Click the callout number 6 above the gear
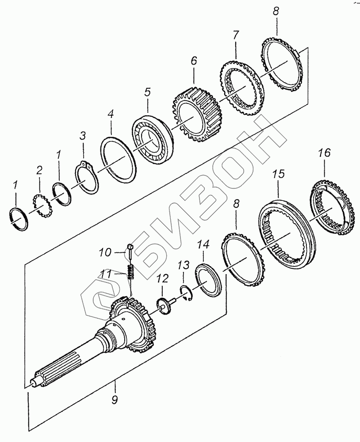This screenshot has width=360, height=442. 194,61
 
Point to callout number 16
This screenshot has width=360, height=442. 324,153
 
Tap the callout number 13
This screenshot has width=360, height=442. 184,266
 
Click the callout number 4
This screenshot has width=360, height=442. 111,114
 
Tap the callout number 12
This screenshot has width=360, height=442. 162,279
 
